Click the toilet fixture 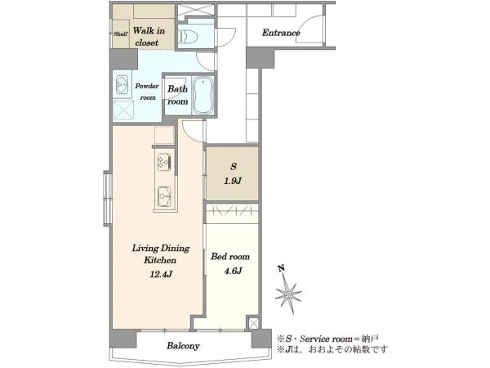tap(188, 37)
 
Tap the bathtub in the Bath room tap(203, 95)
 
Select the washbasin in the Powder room tap(122, 84)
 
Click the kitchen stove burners tap(164, 162)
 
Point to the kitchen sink tap(164, 197)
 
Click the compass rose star tap(288, 294)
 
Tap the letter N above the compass tap(281, 268)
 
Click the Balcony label tap(183, 346)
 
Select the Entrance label tap(281, 33)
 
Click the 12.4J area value tap(161, 275)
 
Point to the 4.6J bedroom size tap(233, 271)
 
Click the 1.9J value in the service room tap(233, 181)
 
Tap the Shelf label tap(121, 34)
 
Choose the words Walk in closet tap(149, 37)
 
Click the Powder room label tap(147, 92)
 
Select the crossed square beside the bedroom tap(253, 323)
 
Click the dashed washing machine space tap(123, 110)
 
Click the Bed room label tap(230, 257)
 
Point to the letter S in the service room tap(234, 167)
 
